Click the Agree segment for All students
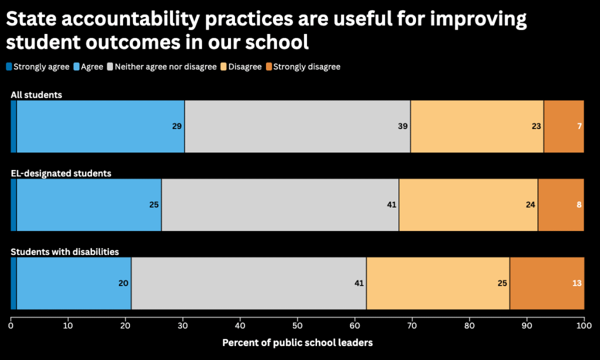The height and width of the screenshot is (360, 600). [100, 126]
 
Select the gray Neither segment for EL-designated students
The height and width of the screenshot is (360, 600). [280, 205]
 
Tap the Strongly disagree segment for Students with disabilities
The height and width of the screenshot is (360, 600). [547, 283]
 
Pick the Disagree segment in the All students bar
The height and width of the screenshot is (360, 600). [477, 126]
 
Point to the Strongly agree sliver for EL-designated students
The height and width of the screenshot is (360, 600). [13, 205]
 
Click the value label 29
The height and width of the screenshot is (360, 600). [177, 126]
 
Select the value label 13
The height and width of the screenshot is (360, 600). [577, 283]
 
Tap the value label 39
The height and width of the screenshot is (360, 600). [403, 126]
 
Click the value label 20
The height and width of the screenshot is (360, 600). [123, 283]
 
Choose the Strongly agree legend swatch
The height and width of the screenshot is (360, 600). [9, 67]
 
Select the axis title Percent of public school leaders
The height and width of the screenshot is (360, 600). [297, 342]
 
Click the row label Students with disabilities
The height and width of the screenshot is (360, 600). [65, 252]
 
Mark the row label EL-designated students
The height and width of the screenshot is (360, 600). [61, 173]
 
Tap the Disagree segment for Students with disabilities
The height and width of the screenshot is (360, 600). [438, 283]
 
